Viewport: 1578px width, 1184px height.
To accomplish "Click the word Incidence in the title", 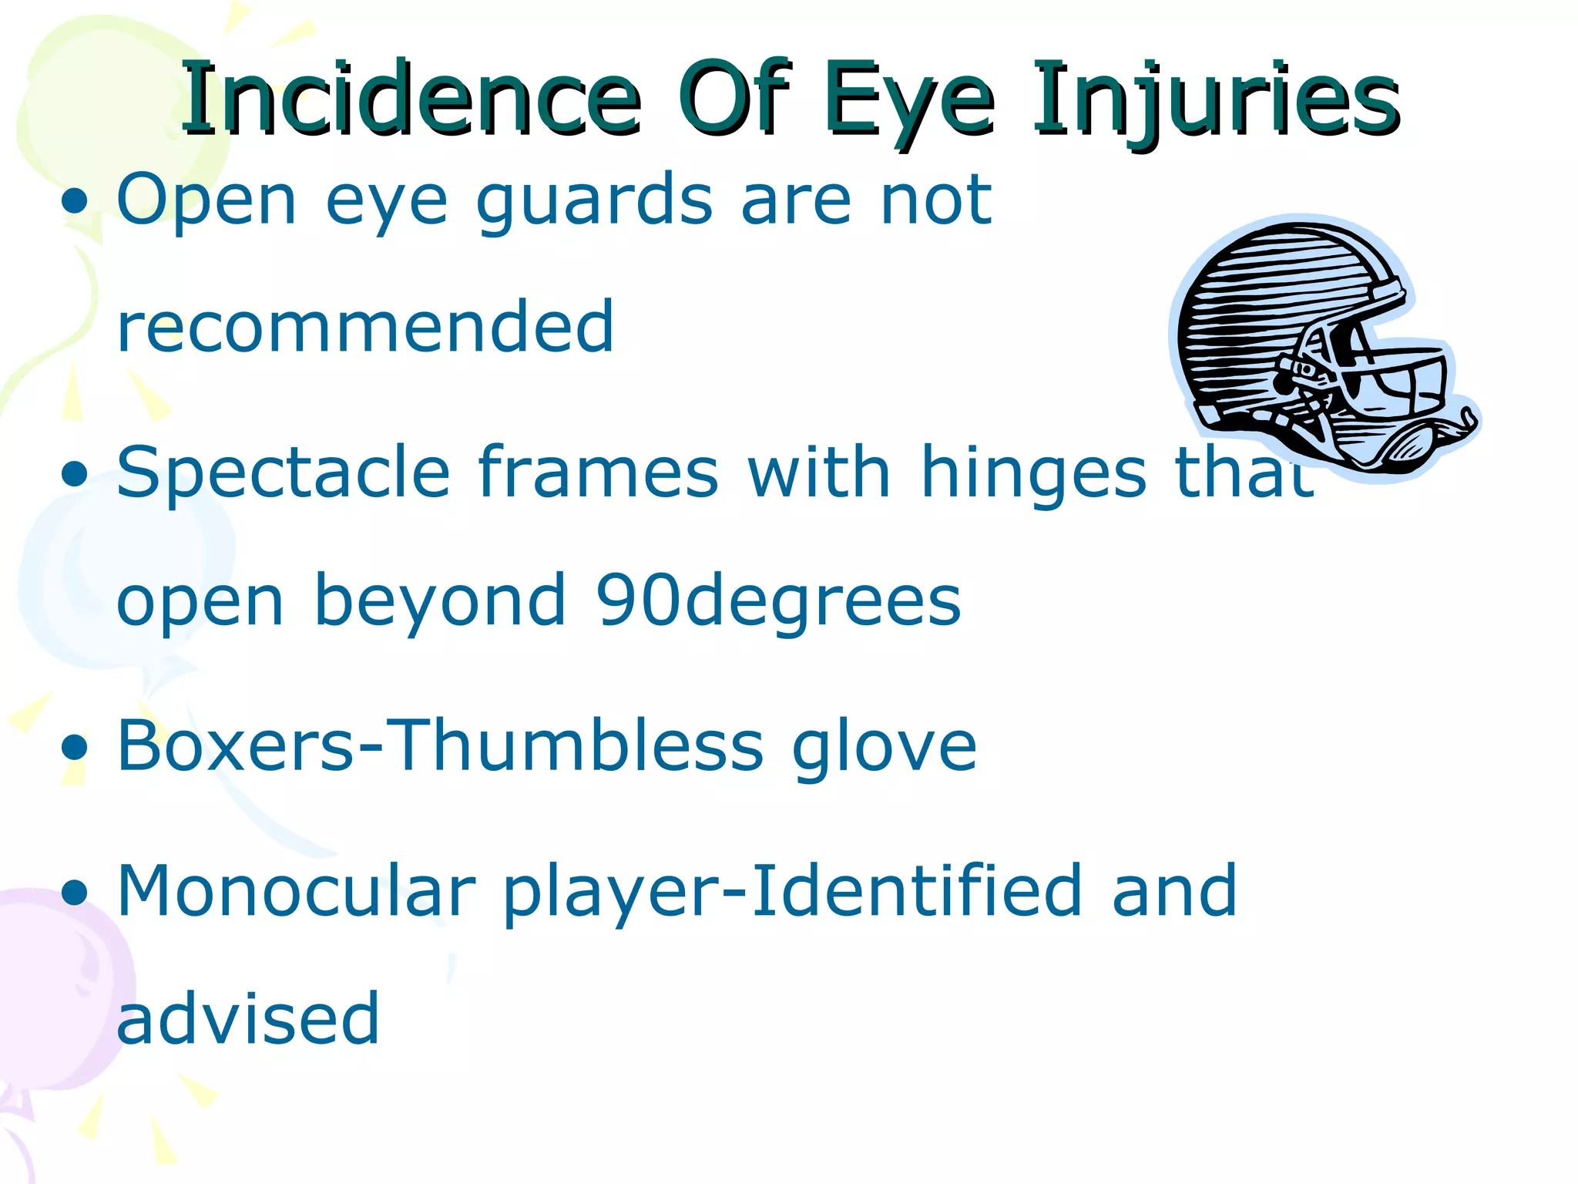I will [x=410, y=99].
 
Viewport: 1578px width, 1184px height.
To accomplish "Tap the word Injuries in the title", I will [x=1216, y=100].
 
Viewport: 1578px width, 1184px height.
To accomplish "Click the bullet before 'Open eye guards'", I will [x=75, y=203].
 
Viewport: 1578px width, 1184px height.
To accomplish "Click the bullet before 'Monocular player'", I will [x=75, y=893].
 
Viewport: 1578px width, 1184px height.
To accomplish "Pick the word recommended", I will [x=365, y=327].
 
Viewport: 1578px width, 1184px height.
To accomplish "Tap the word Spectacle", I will [x=283, y=473].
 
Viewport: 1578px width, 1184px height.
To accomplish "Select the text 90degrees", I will [x=778, y=600].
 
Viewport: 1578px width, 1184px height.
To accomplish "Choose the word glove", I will [x=884, y=746].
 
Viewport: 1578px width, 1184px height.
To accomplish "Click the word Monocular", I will [x=296, y=891].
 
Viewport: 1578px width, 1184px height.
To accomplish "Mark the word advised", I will [x=248, y=1019].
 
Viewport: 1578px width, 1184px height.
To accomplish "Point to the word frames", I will [x=598, y=472].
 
